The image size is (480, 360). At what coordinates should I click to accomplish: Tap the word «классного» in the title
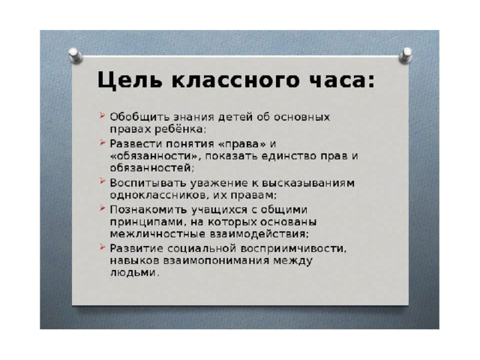point(235,80)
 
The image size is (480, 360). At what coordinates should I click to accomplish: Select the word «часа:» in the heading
point(342,81)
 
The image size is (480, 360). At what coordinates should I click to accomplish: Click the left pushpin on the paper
point(75,55)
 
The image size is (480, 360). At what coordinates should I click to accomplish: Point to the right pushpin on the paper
point(406,55)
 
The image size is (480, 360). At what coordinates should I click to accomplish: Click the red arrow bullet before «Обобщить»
point(102,115)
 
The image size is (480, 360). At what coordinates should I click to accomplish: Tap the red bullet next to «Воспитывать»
point(102,181)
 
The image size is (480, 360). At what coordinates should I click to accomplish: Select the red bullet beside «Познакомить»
point(102,208)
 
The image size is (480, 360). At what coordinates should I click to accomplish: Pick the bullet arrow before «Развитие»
point(102,247)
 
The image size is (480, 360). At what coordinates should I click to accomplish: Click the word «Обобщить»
point(139,117)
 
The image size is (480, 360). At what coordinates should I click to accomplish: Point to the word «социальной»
point(202,248)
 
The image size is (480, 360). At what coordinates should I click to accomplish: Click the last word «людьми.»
point(135,273)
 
